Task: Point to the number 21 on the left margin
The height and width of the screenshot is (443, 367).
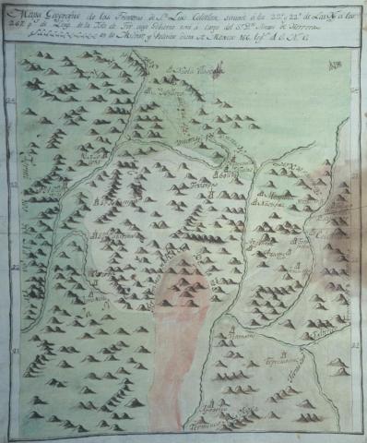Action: pos(9,352)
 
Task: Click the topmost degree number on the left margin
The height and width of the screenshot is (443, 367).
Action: pos(9,103)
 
